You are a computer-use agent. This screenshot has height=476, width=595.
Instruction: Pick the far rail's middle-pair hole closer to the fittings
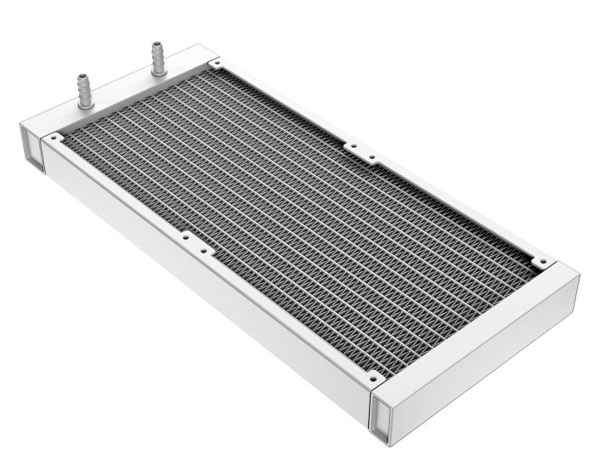pos(350,145)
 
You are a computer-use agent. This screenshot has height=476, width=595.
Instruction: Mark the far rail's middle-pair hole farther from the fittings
pos(371,157)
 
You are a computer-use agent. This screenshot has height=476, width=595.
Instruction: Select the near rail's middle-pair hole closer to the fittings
pos(183,236)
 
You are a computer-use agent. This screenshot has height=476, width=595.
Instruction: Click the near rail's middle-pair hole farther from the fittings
pos(202,251)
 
